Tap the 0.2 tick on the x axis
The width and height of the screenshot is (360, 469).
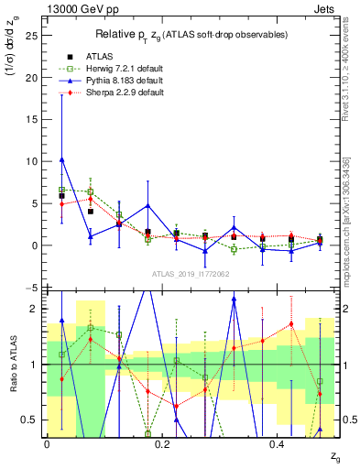[x=162, y=443]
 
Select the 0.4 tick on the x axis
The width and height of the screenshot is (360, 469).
[x=278, y=443]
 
